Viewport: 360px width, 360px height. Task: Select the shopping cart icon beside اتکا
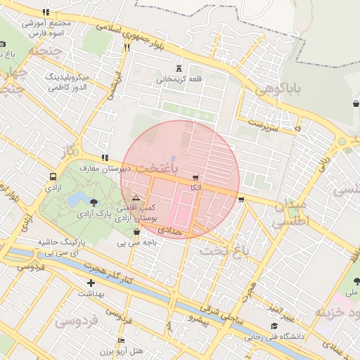click(195, 177)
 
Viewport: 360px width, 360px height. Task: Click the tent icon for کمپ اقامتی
click(136, 199)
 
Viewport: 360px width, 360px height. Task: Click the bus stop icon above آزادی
click(53, 176)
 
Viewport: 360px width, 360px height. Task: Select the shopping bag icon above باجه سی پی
click(136, 231)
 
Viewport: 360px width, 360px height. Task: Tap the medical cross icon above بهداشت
click(91, 283)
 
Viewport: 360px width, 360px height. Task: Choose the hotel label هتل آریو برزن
click(119, 350)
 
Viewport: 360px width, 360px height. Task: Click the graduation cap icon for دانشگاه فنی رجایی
click(274, 326)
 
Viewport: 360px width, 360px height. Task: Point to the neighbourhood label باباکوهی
click(278, 89)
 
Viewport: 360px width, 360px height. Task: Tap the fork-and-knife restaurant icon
click(127, 47)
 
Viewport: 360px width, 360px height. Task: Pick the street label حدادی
click(169, 230)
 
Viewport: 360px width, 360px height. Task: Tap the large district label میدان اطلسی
click(291, 212)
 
